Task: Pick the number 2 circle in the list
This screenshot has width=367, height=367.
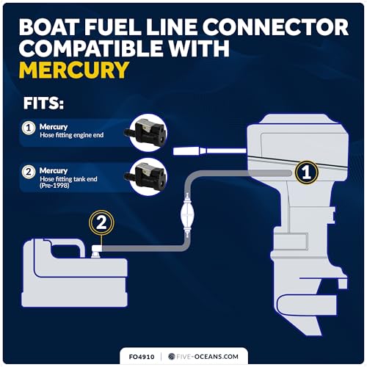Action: pyautogui.click(x=28, y=173)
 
